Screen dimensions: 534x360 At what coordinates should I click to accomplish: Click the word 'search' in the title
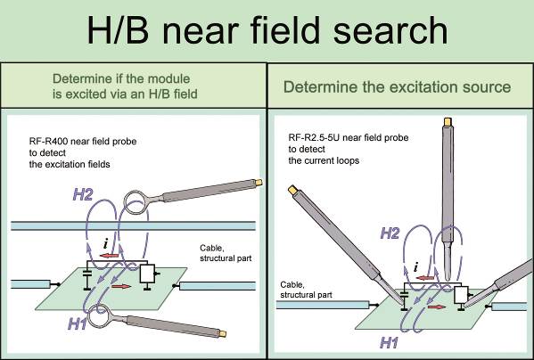coord(390,30)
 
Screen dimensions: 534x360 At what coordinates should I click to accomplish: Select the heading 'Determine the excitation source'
coord(397,86)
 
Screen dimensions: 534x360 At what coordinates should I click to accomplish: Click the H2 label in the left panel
coord(83,194)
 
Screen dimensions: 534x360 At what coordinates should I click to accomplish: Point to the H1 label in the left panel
coord(78,323)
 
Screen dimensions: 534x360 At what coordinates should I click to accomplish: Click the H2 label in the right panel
coord(390,233)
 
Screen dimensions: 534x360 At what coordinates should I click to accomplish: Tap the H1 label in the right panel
coord(389,342)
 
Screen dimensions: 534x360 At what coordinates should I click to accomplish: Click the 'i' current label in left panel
coord(106,243)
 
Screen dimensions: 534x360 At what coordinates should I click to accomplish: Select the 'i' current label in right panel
coord(415,267)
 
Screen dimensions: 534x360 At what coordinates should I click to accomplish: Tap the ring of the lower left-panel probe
coord(89,315)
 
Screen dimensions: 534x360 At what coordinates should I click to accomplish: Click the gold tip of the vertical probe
coord(448,121)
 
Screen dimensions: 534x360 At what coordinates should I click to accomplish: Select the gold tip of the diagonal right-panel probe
coord(292,190)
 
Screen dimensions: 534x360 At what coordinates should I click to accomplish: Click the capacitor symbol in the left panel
coord(86,274)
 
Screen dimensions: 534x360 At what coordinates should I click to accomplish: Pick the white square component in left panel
coord(147,274)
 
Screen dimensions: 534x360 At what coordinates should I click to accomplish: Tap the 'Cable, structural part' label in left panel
coord(226,253)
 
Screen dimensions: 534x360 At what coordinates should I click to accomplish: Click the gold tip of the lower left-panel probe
coord(222,334)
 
